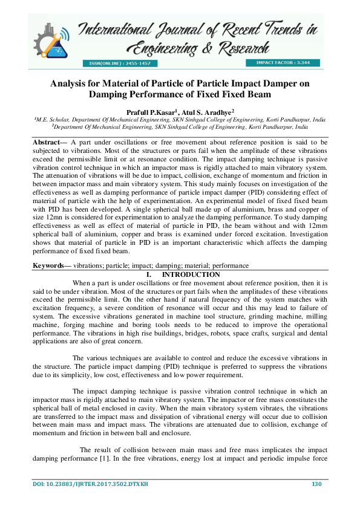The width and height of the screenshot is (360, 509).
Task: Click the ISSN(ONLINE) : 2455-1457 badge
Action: (x=120, y=63)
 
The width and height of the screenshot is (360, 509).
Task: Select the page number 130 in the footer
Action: (x=315, y=485)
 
